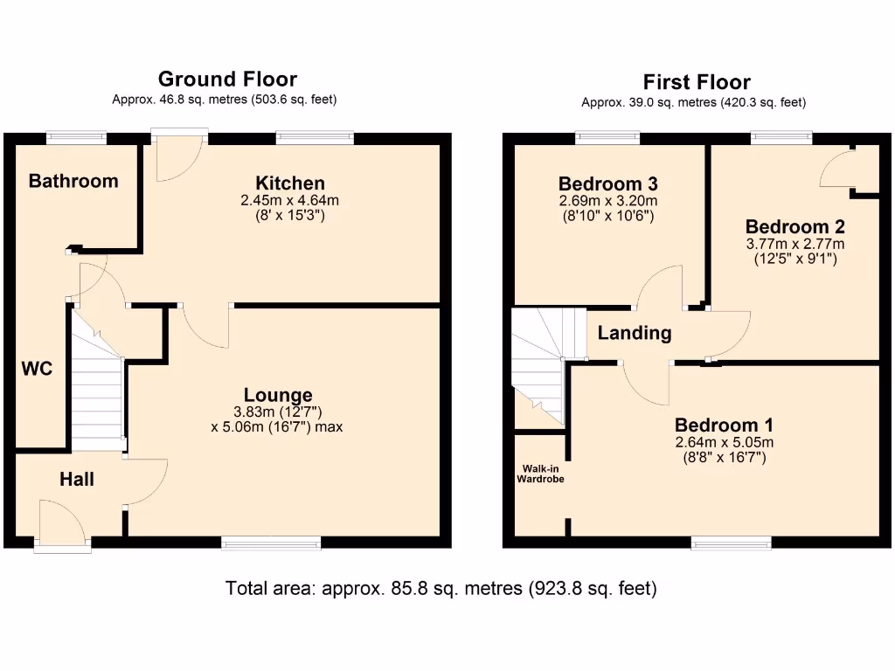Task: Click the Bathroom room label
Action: point(73,181)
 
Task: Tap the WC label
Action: point(38,369)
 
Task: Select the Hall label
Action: point(77,479)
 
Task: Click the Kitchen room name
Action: point(290,183)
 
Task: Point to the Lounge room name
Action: point(278,395)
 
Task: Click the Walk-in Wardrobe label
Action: point(540,474)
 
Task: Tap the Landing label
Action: point(635,333)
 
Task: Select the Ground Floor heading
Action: point(227,80)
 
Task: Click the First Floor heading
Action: point(697,82)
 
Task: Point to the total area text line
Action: point(441,588)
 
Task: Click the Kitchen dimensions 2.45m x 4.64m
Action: point(289,200)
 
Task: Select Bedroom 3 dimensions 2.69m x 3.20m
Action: point(607,201)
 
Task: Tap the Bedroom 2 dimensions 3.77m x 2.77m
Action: point(794,244)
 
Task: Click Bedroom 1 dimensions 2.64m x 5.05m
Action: point(724,442)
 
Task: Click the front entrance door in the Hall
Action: point(62,525)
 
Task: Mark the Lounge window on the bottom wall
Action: point(271,543)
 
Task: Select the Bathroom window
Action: point(76,136)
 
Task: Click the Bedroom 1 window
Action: point(731,543)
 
